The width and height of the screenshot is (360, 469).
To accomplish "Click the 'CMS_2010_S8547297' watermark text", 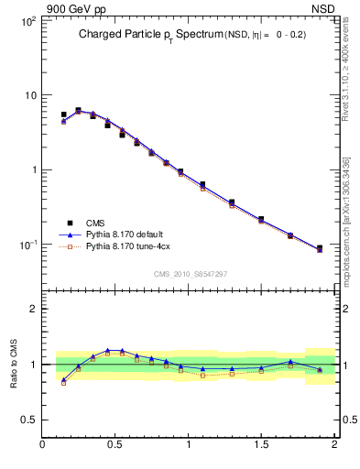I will (x=190, y=274).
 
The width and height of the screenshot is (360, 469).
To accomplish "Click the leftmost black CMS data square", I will (x=63, y=115).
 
